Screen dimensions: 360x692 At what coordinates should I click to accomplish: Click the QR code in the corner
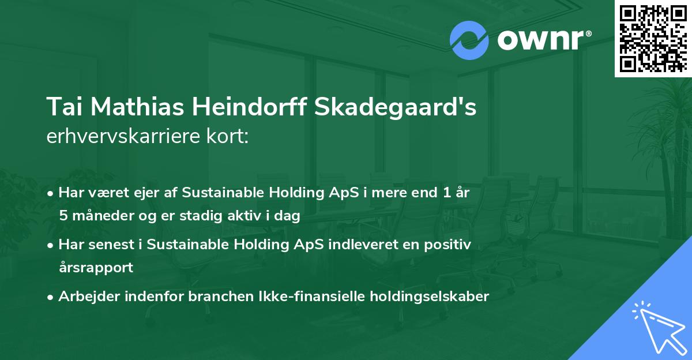coord(653,38)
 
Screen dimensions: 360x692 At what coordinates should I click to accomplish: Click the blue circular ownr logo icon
coord(469,40)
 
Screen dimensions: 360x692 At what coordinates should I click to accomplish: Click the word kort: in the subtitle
coord(231,137)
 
